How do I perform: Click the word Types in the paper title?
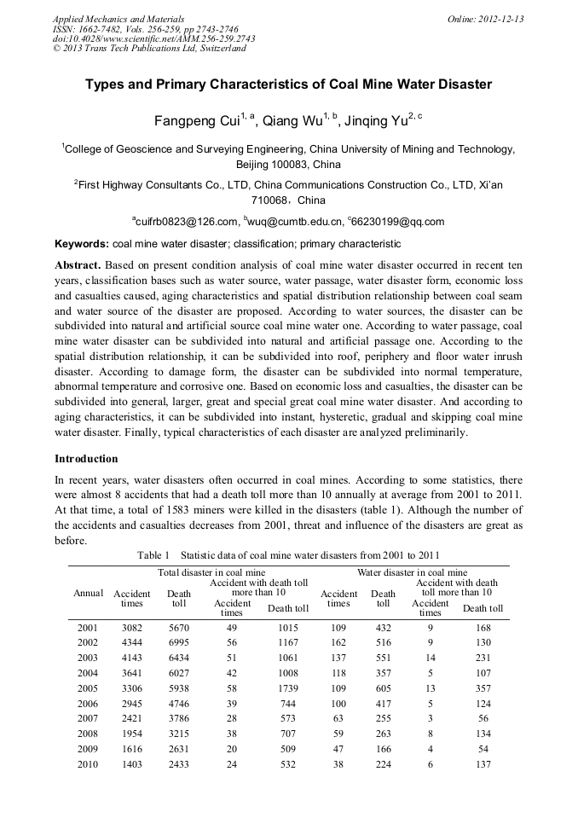[103, 85]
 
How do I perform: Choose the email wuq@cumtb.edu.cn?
[295, 223]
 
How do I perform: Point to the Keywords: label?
[81, 244]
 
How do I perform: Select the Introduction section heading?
[86, 459]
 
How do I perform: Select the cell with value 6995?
[179, 643]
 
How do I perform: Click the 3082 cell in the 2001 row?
[132, 628]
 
